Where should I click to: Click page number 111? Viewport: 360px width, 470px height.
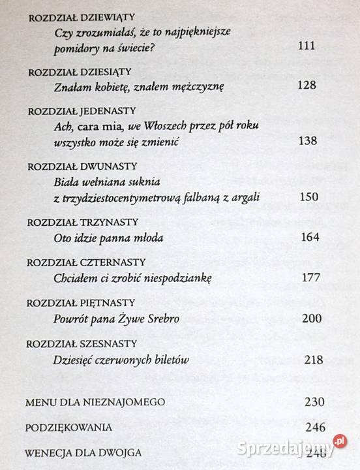[x=305, y=46]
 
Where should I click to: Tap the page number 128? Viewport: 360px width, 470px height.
[x=305, y=86]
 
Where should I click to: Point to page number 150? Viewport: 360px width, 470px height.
[x=307, y=196]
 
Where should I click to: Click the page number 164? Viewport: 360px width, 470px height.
[x=310, y=237]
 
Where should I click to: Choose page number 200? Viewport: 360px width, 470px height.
[x=312, y=319]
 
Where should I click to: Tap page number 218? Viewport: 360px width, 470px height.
[x=314, y=360]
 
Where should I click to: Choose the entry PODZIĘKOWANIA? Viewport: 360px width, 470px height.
[x=68, y=428]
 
